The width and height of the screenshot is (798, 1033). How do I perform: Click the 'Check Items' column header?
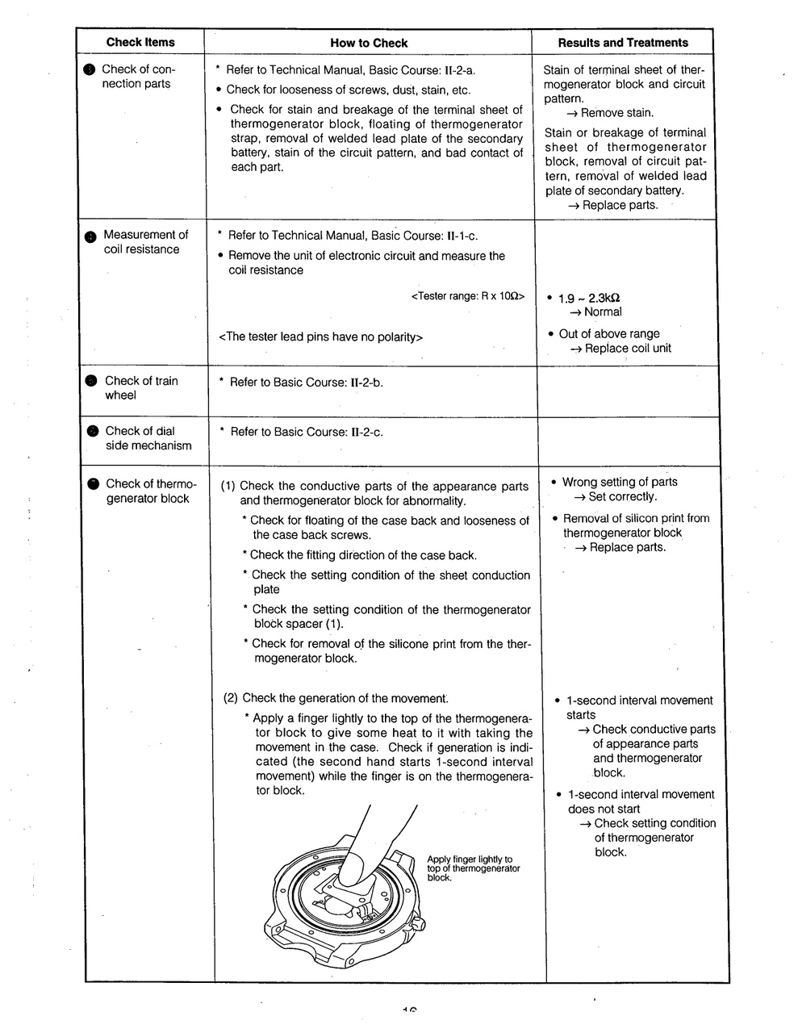tap(140, 43)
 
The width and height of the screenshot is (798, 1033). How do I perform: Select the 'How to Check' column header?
tap(369, 44)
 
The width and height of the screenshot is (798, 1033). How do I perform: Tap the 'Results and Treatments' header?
tap(623, 43)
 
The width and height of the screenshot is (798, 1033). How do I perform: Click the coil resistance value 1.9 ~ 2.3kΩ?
tap(589, 297)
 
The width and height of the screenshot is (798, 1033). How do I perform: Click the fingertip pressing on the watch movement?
tap(352, 873)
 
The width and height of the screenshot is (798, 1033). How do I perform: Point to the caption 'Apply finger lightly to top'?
tap(470, 859)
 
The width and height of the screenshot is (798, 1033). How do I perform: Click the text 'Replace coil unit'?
tap(628, 349)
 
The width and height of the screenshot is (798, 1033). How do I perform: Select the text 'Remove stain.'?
tap(617, 113)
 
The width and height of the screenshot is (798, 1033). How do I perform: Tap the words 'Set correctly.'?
tap(622, 497)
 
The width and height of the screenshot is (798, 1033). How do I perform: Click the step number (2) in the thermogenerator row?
tap(231, 698)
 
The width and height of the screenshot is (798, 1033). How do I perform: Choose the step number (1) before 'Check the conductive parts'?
tap(228, 487)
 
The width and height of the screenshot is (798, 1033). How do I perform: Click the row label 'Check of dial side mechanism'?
tap(148, 438)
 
